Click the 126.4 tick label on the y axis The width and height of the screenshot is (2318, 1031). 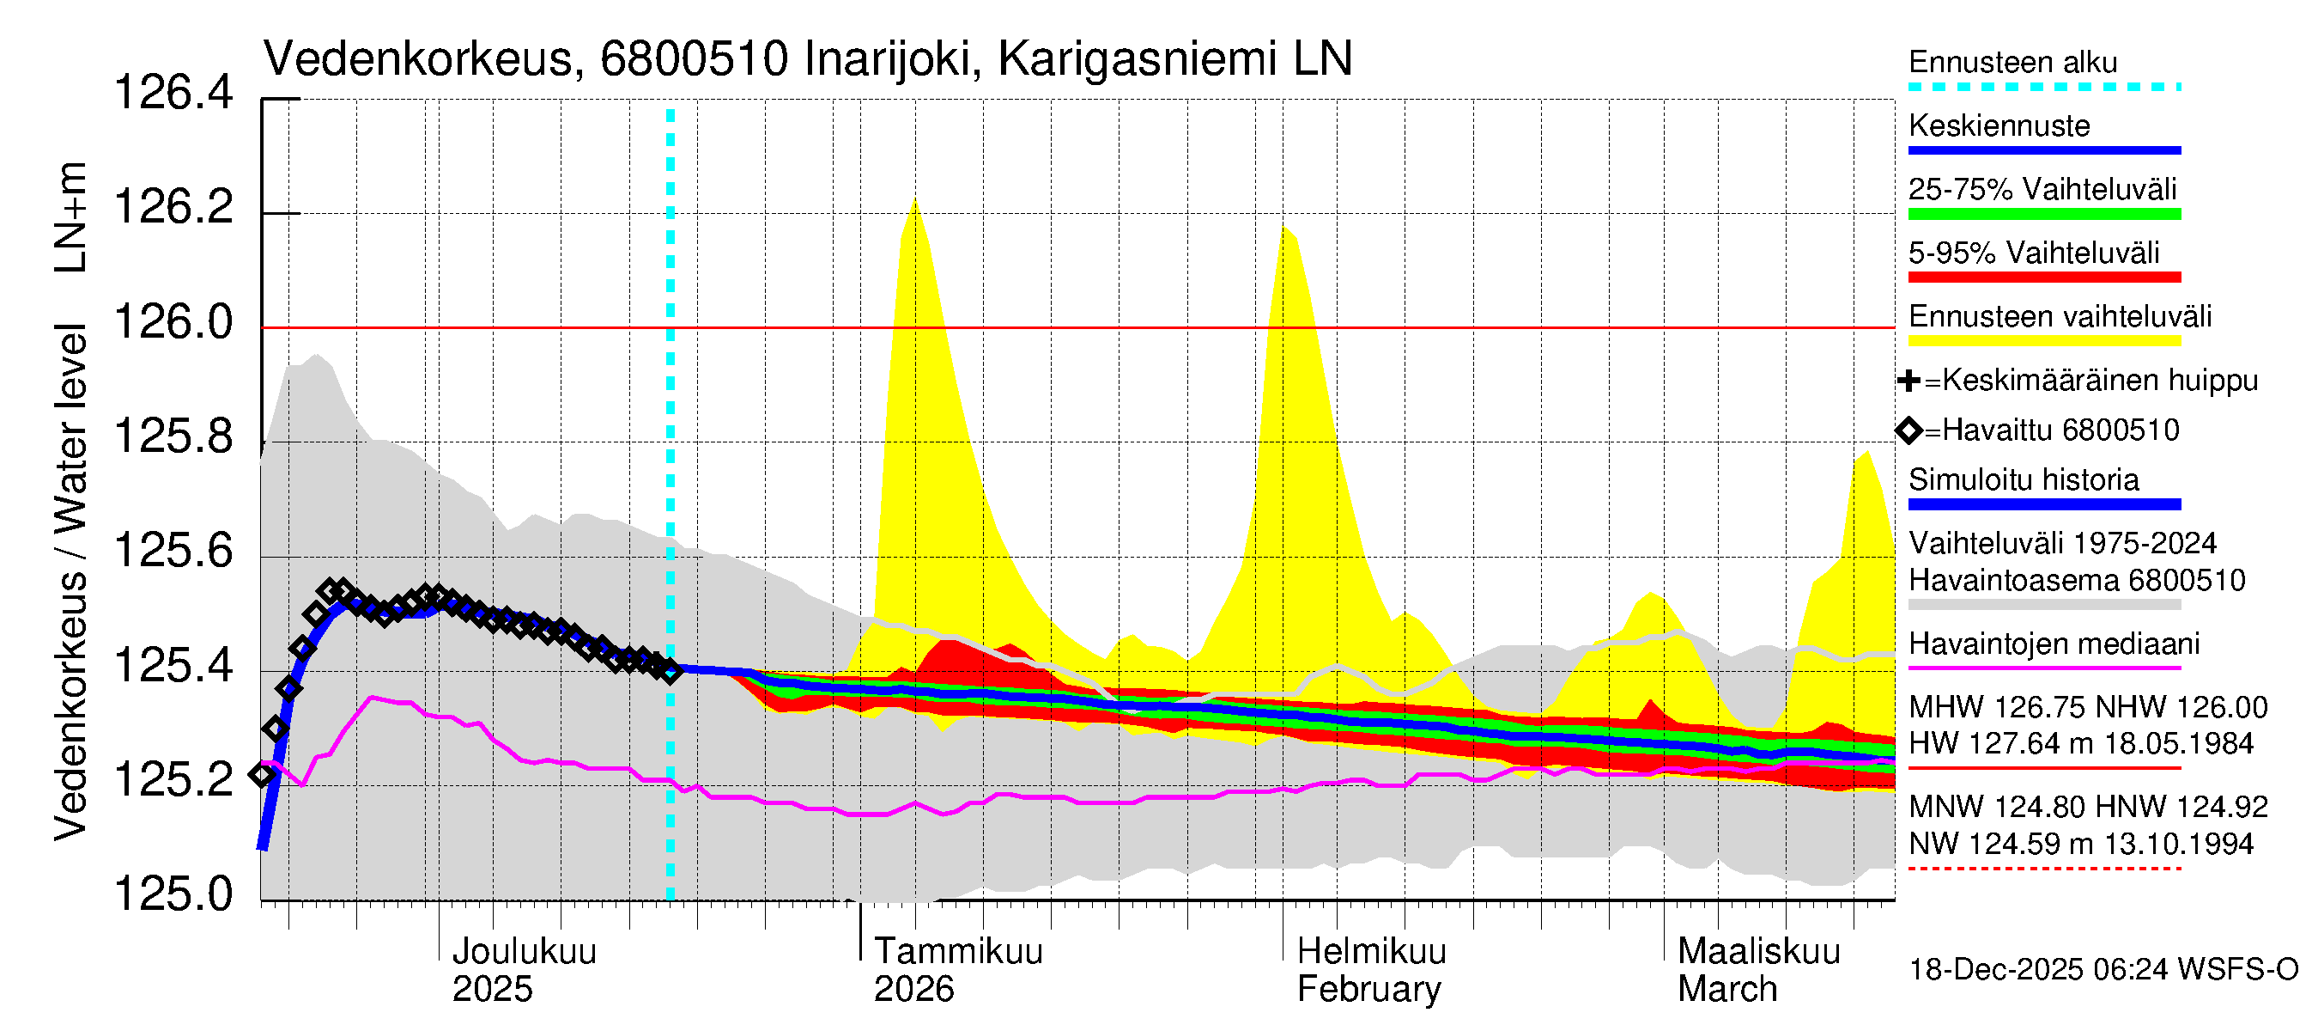pos(173,93)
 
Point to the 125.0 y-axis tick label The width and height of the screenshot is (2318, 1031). pos(173,894)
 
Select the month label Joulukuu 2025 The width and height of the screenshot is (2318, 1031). pos(524,970)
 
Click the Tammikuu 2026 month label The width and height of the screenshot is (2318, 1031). pos(957,970)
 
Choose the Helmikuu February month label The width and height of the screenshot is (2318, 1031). pos(1371,970)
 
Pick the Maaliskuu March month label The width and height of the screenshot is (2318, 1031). pos(1758,970)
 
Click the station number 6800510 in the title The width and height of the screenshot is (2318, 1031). pos(694,59)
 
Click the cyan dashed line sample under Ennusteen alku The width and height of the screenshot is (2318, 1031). pos(2043,88)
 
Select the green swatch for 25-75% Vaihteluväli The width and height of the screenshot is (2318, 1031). pos(2043,214)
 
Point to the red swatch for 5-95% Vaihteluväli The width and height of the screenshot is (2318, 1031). pos(2043,278)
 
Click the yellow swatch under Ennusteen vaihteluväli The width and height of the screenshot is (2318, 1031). pos(2043,341)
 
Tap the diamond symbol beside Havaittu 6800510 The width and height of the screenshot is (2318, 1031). pos(1908,430)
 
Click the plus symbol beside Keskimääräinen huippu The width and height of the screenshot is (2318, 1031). pos(1908,381)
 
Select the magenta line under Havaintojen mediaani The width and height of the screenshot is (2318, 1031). pos(2043,668)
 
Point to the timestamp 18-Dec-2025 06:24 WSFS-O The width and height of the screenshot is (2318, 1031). pos(2103,970)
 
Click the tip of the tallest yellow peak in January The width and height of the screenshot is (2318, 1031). pos(914,199)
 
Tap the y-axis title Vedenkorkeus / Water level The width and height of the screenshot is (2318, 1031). pos(70,582)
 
